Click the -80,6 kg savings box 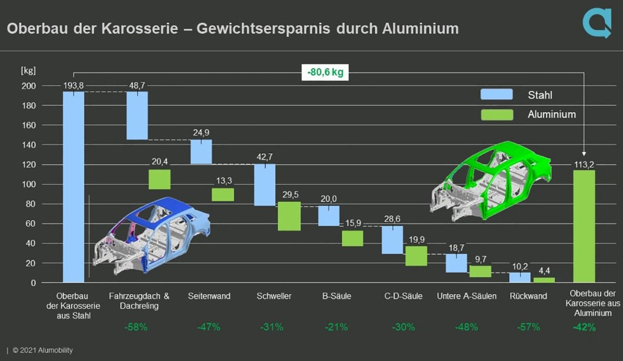tap(324, 72)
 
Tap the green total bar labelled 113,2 tap(584, 226)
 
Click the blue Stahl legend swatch tap(496, 95)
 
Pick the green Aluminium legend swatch tap(496, 115)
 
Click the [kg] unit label tap(29, 69)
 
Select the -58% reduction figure tap(136, 327)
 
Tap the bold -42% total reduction tap(584, 327)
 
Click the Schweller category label tap(275, 296)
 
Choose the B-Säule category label tap(337, 296)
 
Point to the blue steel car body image tap(153, 236)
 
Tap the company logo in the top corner tap(596, 23)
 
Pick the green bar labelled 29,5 tap(289, 216)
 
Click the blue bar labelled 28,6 tap(392, 240)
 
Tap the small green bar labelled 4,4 tap(544, 280)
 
